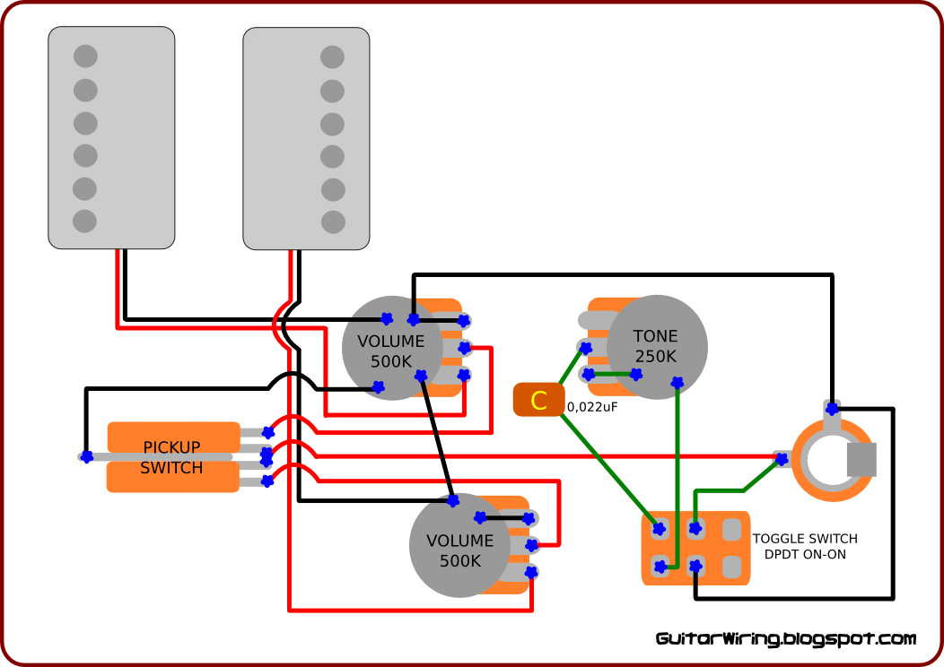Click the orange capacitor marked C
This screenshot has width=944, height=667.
click(538, 400)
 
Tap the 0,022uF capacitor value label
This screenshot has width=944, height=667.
click(592, 407)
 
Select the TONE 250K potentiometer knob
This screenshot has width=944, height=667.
click(656, 346)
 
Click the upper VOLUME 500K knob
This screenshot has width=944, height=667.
click(392, 348)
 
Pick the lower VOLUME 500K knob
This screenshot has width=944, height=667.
click(460, 545)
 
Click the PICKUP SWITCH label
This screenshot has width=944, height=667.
click(171, 458)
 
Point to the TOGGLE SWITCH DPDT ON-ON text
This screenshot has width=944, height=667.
click(805, 546)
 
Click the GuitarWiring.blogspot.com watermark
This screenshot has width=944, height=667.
click(786, 638)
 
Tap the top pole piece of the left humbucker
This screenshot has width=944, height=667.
click(85, 56)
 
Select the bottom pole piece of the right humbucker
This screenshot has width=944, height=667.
click(333, 222)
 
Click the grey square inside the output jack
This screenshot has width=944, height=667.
click(861, 460)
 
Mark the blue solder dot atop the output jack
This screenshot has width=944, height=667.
click(832, 409)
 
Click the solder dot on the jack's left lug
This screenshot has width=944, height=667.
click(782, 460)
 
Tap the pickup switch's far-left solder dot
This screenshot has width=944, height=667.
click(87, 457)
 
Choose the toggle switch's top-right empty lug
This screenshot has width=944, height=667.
click(731, 529)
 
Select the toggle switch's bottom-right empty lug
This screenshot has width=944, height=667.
click(731, 567)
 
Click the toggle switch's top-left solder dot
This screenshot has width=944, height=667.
click(660, 529)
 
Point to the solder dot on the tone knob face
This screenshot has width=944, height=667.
click(677, 383)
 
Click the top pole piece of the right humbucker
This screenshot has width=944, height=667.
click(332, 57)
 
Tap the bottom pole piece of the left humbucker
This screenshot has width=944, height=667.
click(85, 221)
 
